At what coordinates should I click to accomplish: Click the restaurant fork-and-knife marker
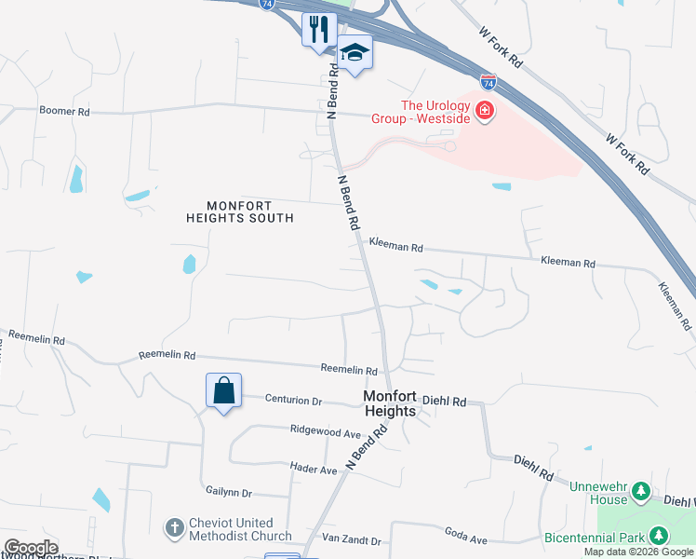(x=318, y=29)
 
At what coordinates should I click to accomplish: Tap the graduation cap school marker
(x=355, y=52)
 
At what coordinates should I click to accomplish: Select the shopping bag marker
(x=224, y=390)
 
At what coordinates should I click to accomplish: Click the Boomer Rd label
(x=64, y=111)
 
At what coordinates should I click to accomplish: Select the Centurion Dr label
(x=293, y=401)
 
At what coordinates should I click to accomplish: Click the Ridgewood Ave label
(x=325, y=432)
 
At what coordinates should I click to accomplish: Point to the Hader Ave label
(x=313, y=470)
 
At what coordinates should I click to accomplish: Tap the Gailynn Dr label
(x=228, y=491)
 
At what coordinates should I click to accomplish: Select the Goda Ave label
(x=466, y=539)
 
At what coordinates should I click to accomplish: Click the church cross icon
(x=173, y=528)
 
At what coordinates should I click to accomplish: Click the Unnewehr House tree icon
(x=640, y=490)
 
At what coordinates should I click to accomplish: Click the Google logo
(x=30, y=548)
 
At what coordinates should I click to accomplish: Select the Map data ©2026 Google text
(x=639, y=552)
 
